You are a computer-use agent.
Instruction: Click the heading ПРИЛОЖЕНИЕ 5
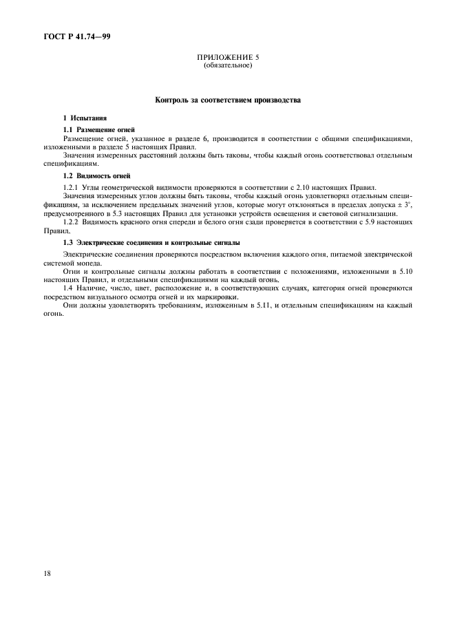227,58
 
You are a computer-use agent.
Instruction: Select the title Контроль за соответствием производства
227,100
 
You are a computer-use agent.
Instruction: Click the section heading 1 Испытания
85,118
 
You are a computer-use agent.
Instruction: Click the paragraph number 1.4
68,289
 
